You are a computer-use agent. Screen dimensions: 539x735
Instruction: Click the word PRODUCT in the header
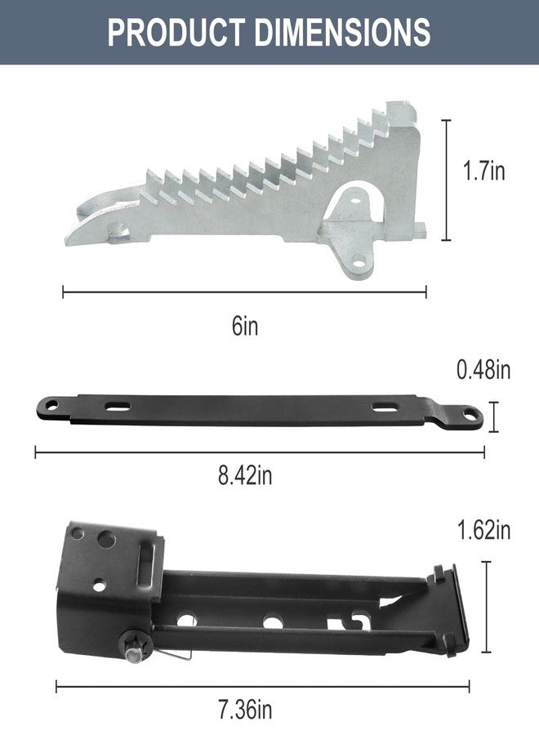tap(176, 32)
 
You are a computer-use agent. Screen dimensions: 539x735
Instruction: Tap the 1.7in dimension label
tap(483, 170)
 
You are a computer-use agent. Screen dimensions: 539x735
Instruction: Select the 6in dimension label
tap(245, 326)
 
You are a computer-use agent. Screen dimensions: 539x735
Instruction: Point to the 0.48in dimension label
tap(483, 370)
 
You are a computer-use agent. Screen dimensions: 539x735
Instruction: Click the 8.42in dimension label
tap(245, 475)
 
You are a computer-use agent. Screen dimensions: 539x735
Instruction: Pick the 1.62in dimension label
tap(483, 530)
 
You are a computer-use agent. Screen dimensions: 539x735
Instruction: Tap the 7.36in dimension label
tap(245, 710)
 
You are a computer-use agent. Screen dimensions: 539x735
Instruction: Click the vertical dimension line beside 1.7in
tap(446, 180)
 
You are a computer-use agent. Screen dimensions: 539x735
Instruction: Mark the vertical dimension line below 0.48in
tap(493, 416)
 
